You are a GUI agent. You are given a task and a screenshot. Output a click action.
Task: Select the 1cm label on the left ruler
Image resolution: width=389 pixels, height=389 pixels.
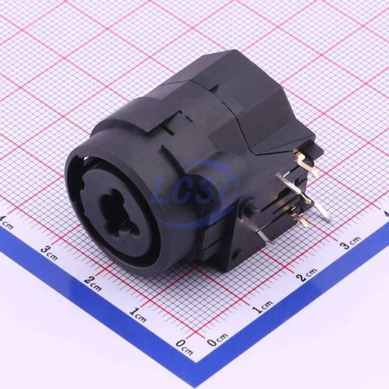pyautogui.click(x=138, y=314)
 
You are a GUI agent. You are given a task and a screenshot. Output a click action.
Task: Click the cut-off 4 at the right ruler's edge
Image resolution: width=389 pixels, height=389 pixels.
pyautogui.click(x=386, y=214)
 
